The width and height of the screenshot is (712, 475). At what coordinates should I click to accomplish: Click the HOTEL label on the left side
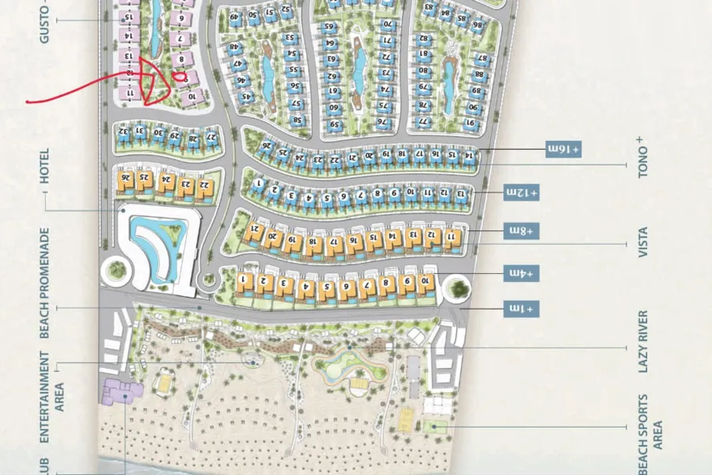tap(45, 167)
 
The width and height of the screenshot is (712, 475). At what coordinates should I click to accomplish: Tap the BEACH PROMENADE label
tap(45, 283)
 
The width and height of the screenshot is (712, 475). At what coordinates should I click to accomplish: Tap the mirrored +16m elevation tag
tap(563, 148)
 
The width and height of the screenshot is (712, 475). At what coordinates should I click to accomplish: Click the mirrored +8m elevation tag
tap(522, 230)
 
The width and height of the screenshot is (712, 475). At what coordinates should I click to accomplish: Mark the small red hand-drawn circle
tap(181, 78)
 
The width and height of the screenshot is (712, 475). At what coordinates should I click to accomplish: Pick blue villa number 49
tap(235, 17)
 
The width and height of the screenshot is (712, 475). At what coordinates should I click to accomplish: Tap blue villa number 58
tap(297, 120)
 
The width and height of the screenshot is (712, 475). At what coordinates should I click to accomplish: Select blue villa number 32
tap(123, 131)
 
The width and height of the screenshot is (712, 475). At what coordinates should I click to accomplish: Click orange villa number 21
tap(255, 230)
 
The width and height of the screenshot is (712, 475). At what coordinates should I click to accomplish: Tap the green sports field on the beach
tap(433, 426)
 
